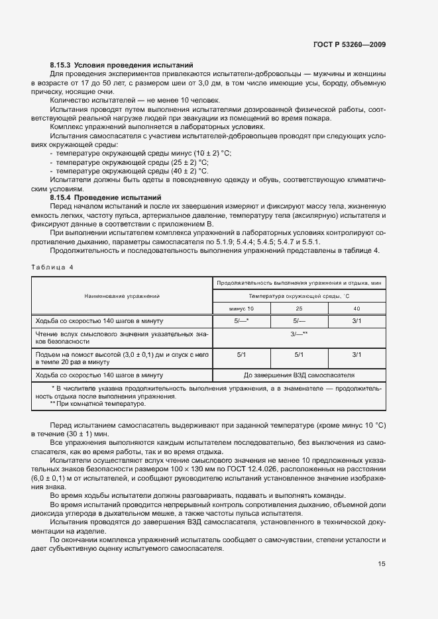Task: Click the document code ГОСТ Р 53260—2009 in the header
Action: click(349, 45)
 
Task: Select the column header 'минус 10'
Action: click(241, 309)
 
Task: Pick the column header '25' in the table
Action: click(299, 309)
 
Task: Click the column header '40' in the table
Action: click(356, 309)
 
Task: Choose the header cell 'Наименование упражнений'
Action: click(122, 295)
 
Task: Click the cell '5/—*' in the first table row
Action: click(241, 321)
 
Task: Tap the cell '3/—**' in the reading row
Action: click(300, 334)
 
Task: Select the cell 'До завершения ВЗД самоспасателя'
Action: click(300, 375)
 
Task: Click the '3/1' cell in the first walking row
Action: click(356, 321)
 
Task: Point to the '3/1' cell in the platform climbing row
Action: click(356, 355)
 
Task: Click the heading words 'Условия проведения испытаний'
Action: click(133, 66)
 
